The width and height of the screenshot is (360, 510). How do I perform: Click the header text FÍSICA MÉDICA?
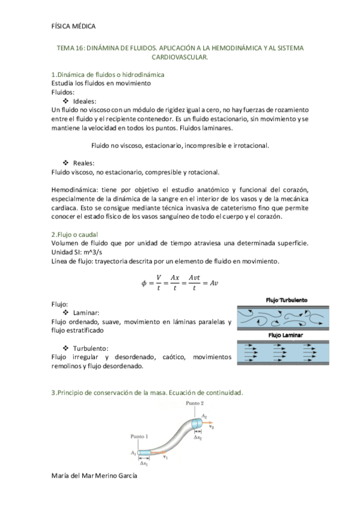[74, 25]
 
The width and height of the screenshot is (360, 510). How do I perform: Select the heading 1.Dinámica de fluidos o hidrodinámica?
[108, 75]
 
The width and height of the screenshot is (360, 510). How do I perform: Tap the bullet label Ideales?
[84, 102]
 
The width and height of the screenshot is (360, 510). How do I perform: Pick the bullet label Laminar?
[86, 313]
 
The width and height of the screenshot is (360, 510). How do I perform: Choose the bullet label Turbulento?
[90, 348]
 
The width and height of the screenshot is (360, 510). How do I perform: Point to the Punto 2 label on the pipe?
[195, 402]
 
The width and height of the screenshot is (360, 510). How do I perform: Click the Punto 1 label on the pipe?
[139, 436]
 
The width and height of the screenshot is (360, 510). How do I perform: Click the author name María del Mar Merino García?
[95, 476]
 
